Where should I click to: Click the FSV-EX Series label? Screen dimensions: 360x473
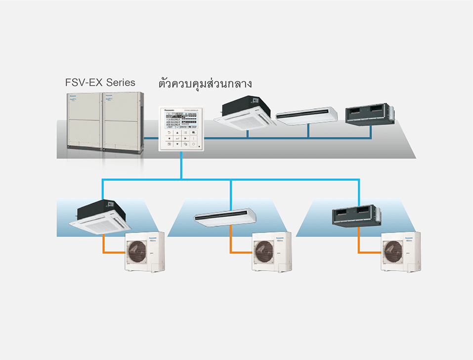click(100, 82)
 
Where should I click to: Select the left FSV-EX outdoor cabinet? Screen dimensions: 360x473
click(84, 121)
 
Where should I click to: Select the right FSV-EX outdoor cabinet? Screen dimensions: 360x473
click(123, 121)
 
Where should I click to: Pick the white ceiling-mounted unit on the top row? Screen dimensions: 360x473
click(306, 115)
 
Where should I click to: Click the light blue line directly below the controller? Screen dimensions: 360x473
click(181, 165)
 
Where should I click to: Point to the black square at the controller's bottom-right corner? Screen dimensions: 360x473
click(199, 147)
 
